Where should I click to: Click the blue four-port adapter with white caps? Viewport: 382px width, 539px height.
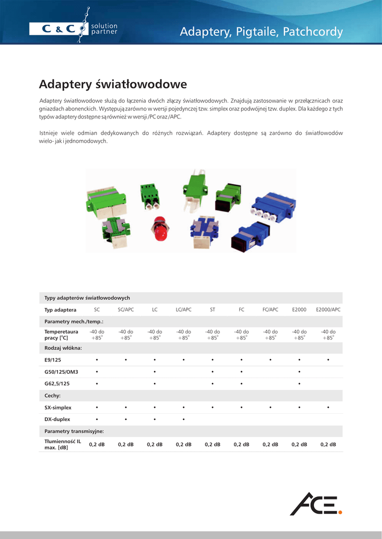point(273,206)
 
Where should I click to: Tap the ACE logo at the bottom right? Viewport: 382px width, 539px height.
point(316,504)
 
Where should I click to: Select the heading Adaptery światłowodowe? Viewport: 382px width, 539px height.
point(113,84)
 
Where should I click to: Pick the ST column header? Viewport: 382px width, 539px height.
point(212,310)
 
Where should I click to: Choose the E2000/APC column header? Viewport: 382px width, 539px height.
point(328,310)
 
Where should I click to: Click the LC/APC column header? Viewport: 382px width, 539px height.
point(183,310)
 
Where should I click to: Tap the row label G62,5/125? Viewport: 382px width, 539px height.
point(57,384)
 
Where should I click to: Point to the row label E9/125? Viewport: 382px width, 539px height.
point(53,360)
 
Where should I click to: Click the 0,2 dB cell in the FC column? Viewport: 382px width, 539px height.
point(241,445)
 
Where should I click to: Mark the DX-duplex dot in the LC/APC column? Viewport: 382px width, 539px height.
point(183,420)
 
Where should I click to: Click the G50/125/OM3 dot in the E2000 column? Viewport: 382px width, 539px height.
point(299,372)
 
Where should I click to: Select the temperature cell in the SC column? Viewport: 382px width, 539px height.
point(97,335)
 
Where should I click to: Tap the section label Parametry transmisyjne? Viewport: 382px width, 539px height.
point(74,431)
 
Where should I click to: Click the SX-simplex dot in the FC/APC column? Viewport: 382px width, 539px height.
point(270,407)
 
